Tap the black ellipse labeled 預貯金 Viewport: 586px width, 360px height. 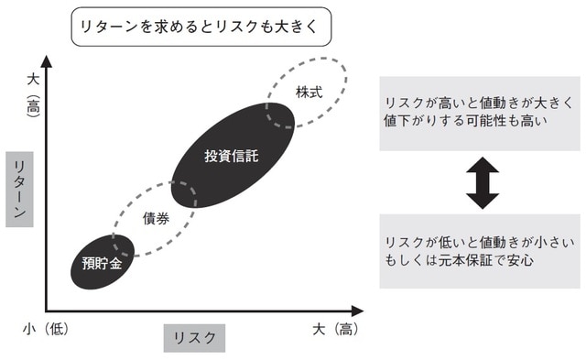coord(101,263)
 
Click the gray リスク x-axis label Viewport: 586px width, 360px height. coord(194,336)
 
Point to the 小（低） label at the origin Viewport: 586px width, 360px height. coord(44,327)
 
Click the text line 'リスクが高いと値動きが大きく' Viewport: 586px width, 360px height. coord(479,104)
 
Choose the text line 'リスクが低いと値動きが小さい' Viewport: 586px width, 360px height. coord(479,242)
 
